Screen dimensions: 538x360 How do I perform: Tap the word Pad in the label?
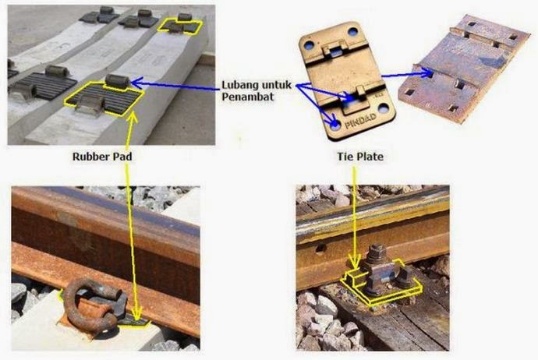[x=122, y=157]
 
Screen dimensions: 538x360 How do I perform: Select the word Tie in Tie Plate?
[x=345, y=157]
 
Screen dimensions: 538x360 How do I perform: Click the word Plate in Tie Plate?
[x=370, y=157]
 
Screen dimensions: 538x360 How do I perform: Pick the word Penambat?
[x=248, y=97]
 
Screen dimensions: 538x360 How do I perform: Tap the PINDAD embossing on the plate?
[x=360, y=121]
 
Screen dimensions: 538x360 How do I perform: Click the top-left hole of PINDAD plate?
[x=309, y=45]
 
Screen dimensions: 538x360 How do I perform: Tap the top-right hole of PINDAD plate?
[x=352, y=32]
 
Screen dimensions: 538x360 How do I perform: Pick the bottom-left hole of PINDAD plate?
[x=335, y=125]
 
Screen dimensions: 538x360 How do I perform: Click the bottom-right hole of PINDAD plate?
[x=384, y=110]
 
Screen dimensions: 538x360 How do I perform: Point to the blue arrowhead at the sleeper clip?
[x=136, y=83]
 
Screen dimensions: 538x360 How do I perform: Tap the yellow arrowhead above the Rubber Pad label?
[x=133, y=117]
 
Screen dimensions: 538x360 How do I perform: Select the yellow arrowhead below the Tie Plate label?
[x=355, y=260]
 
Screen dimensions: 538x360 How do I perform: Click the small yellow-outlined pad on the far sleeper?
[x=179, y=26]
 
